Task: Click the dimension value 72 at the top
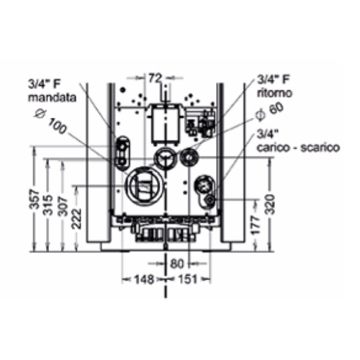click(156, 76)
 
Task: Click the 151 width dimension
click(189, 279)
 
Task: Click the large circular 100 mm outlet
click(145, 182)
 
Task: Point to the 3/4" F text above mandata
click(45, 82)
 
